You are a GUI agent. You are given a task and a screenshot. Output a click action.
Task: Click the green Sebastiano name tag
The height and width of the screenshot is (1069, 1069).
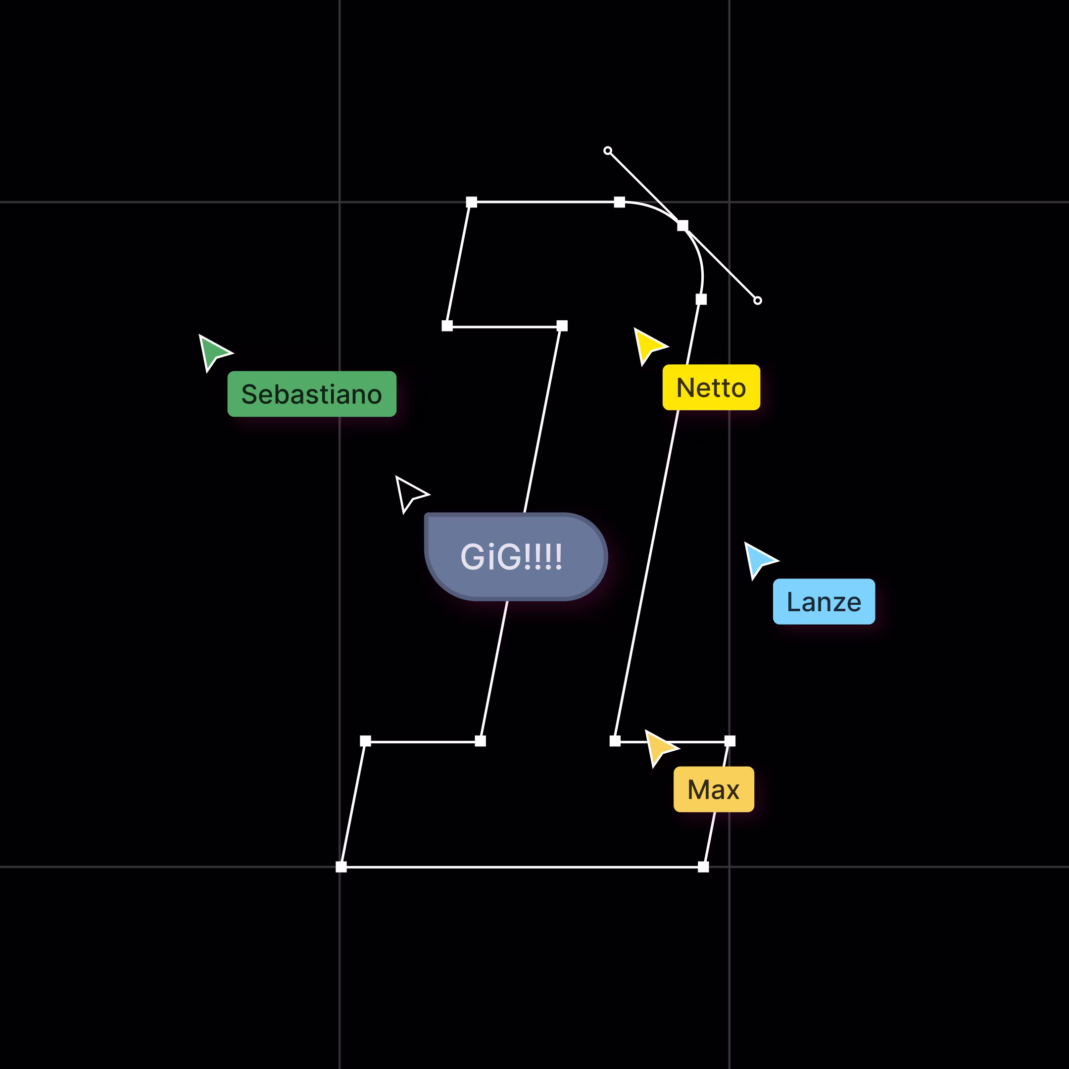click(x=311, y=394)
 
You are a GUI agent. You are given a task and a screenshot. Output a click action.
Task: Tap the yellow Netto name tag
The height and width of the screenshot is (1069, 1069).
click(x=711, y=388)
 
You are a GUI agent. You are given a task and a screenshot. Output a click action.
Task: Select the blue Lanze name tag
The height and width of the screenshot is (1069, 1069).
click(x=824, y=601)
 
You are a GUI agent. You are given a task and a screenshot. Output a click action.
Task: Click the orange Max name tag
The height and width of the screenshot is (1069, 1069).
click(x=713, y=789)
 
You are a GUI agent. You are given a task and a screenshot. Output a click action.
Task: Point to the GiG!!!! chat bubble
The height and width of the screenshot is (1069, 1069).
click(x=516, y=557)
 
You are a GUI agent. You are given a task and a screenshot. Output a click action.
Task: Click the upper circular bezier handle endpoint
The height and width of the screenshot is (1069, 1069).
click(x=608, y=150)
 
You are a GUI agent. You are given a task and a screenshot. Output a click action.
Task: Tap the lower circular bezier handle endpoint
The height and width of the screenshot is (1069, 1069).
click(x=758, y=300)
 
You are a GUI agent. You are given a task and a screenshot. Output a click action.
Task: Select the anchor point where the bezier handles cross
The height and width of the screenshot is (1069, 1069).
click(x=683, y=225)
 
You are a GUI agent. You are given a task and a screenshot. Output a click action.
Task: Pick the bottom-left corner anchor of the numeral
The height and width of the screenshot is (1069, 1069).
click(x=341, y=867)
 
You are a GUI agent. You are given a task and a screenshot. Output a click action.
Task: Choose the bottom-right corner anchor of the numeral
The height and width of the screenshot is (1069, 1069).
click(x=703, y=867)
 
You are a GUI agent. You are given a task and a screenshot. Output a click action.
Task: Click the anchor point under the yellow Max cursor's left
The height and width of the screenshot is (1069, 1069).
click(x=615, y=741)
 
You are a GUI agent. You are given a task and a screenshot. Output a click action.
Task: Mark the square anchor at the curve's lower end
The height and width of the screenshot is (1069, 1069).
click(x=701, y=299)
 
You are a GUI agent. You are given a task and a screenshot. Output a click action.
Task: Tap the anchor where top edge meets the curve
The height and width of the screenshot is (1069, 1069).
click(x=620, y=202)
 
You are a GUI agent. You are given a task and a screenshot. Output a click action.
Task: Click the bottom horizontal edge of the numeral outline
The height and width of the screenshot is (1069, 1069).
click(x=522, y=867)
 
